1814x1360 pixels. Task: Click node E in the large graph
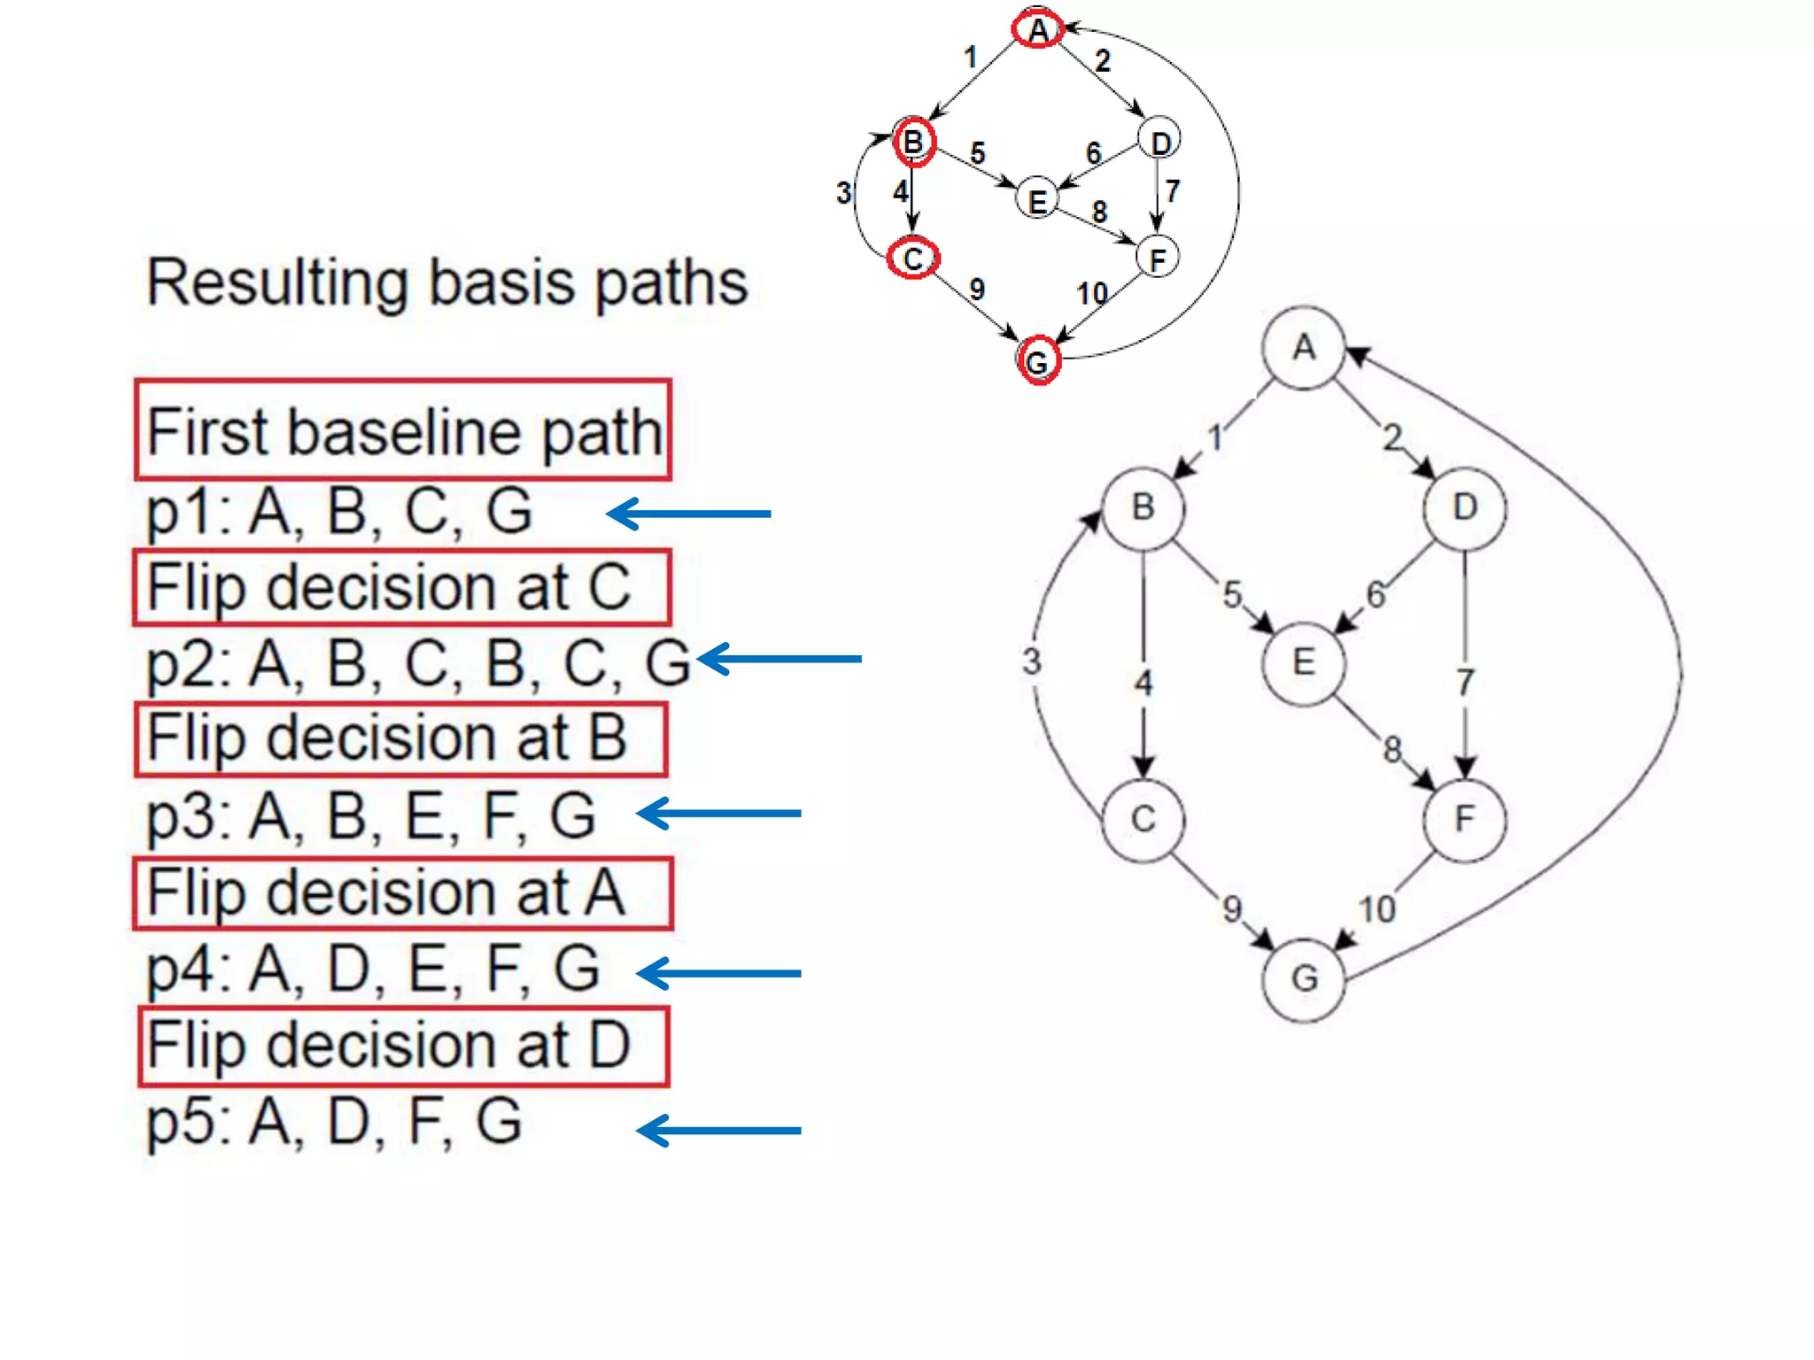1303,663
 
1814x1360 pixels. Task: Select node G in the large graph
1303,979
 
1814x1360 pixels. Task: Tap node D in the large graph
1464,508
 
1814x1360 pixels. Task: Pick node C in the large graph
1143,820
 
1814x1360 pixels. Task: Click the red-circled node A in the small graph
1038,30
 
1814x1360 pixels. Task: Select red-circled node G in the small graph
1037,361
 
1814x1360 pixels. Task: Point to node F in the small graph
1157,259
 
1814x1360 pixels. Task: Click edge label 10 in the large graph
1376,909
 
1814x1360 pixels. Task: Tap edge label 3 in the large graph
1032,661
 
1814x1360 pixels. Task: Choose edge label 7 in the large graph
1466,682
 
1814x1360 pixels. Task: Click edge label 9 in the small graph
977,290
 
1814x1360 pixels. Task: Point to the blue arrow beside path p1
689,514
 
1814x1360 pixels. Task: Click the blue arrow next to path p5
719,1131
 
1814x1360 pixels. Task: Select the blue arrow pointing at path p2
779,659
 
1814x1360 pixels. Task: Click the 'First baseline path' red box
403,431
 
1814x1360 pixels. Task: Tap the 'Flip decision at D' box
403,1047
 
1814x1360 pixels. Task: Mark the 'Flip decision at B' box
400,739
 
